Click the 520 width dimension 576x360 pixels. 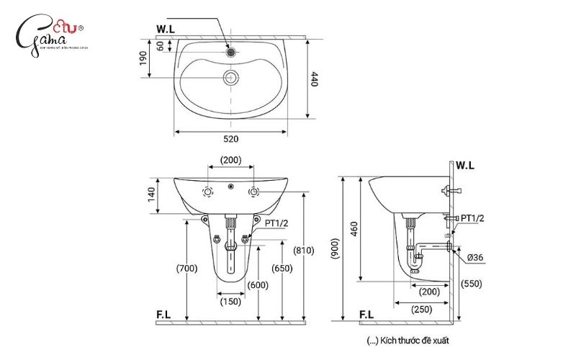coord(230,138)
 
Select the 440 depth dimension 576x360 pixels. coord(315,79)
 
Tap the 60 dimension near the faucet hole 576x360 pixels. coord(161,45)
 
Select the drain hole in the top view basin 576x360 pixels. coord(230,76)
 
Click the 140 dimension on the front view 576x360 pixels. coord(152,195)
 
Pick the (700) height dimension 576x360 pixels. coord(186,269)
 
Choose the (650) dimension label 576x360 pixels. coord(282,269)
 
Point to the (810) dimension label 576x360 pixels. coord(304,250)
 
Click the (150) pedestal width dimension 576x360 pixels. coord(230,300)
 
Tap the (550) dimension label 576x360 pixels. coord(472,284)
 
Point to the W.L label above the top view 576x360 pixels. coord(166,30)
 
